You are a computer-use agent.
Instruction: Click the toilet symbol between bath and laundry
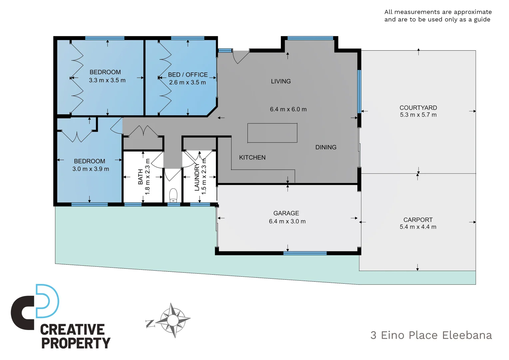173,196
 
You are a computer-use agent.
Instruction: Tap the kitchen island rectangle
272,133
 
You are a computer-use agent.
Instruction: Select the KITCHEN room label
252,158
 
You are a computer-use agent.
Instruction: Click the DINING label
326,147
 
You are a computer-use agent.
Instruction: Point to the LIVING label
281,81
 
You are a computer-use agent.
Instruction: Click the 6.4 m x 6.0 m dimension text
288,109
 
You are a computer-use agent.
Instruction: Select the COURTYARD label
418,108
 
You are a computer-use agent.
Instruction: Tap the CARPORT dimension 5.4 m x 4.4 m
418,227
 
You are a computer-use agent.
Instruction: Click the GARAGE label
286,213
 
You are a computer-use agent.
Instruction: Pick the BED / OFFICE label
188,75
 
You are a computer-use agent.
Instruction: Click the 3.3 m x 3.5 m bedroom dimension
107,80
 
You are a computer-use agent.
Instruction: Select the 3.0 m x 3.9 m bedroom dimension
91,169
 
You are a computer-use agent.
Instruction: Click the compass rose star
173,320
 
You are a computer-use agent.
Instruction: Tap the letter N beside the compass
150,324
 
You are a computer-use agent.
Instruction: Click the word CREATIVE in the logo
72,330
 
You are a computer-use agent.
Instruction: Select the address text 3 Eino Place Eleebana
431,335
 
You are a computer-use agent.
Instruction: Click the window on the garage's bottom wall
305,253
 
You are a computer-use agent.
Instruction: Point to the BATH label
141,177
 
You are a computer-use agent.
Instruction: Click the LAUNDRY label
197,177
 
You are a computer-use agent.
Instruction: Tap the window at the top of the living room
310,38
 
